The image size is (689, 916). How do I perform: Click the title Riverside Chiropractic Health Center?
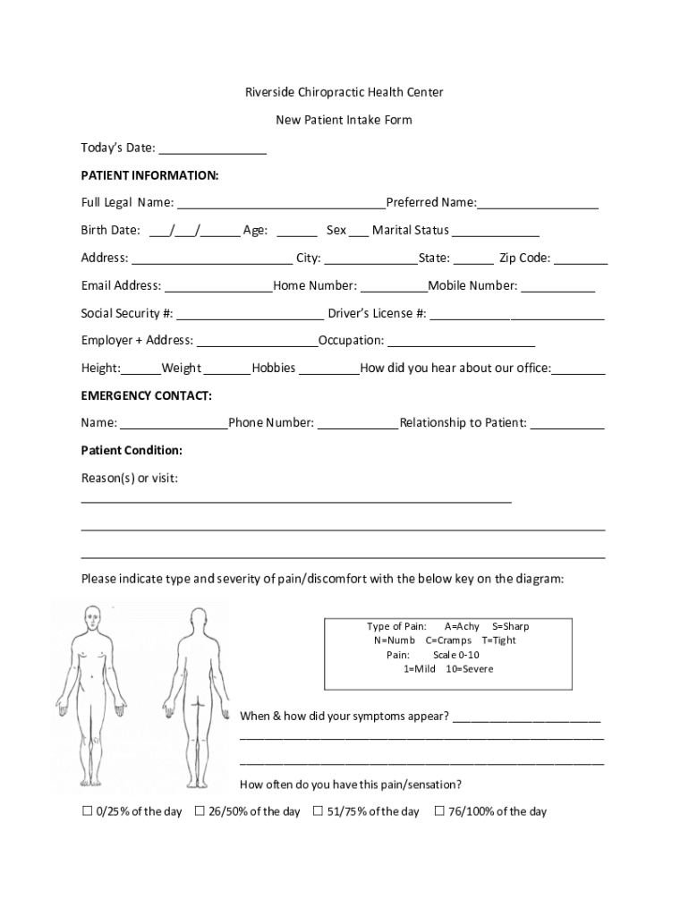(344, 92)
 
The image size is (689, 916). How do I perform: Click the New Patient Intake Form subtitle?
(344, 120)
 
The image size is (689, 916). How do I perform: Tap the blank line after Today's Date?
(213, 148)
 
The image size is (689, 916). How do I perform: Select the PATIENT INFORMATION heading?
(149, 175)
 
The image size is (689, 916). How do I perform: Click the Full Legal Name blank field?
(281, 203)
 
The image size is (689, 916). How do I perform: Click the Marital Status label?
(410, 230)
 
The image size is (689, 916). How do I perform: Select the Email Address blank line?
(218, 286)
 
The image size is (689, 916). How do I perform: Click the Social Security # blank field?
(250, 314)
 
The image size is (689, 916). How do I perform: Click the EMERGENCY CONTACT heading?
(147, 395)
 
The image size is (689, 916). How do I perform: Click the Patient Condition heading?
(132, 450)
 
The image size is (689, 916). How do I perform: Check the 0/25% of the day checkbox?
(88, 811)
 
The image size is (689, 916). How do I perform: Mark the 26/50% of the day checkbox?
(200, 811)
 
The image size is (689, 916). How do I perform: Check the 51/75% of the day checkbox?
(318, 811)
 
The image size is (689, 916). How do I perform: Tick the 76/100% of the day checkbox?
(439, 811)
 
